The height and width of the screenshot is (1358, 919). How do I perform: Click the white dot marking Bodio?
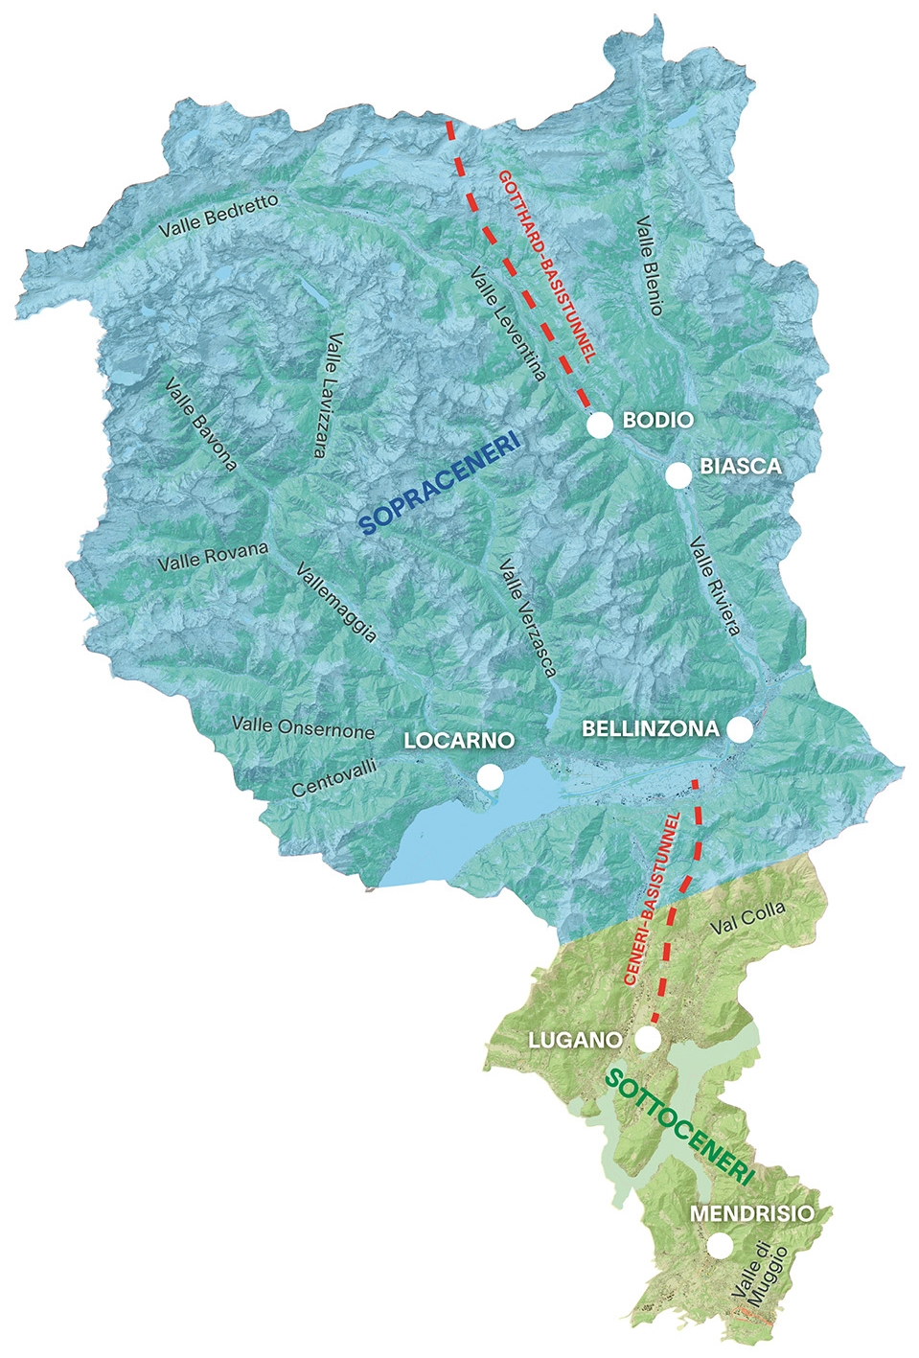click(x=600, y=425)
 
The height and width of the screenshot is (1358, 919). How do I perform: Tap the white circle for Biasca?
click(x=678, y=474)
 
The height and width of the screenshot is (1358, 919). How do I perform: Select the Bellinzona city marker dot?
click(x=740, y=729)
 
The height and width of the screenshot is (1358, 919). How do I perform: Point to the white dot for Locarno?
click(x=490, y=776)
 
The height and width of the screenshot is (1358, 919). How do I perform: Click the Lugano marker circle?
click(x=649, y=1039)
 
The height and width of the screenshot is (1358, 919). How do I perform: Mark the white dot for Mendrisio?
click(x=720, y=1245)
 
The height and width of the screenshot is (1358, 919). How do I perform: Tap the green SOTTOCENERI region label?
click(x=680, y=1129)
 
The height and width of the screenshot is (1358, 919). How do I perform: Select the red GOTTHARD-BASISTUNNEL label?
click(x=547, y=265)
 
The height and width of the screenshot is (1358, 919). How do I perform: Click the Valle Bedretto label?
click(x=219, y=215)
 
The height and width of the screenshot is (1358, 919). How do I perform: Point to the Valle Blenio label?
click(x=650, y=265)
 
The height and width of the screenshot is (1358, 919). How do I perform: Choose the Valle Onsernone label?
click(x=303, y=727)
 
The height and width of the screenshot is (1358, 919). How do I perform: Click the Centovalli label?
click(x=334, y=777)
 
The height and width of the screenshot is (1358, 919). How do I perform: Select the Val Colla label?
click(x=747, y=917)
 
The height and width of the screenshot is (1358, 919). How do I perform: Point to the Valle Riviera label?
click(x=715, y=586)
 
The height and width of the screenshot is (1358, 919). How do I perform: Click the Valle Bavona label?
click(x=200, y=424)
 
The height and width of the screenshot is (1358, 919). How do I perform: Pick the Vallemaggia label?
click(x=336, y=602)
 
